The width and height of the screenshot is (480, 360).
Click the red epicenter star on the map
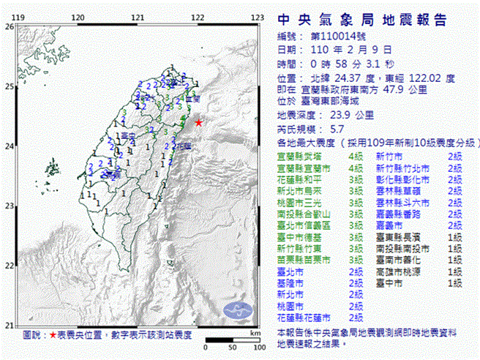tap(198, 122)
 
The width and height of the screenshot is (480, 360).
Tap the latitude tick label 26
tap(9, 26)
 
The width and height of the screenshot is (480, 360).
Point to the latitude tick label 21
tap(9, 325)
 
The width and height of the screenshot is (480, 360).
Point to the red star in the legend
tap(53, 335)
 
